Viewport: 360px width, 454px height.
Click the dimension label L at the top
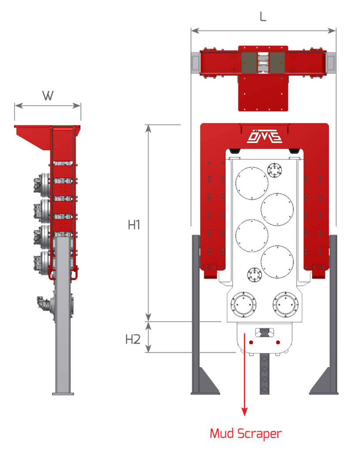(x=263, y=16)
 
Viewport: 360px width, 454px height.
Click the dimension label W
(x=48, y=95)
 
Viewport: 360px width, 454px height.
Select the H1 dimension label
(x=134, y=225)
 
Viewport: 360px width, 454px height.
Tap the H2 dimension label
(x=133, y=339)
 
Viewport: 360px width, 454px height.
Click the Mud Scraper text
(x=245, y=433)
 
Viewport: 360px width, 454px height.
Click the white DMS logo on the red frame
(x=263, y=137)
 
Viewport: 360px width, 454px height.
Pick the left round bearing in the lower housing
(x=244, y=305)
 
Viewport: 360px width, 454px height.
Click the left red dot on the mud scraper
(x=251, y=342)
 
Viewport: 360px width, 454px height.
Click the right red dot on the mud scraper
(x=278, y=342)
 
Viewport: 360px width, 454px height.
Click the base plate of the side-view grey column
(x=63, y=393)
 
